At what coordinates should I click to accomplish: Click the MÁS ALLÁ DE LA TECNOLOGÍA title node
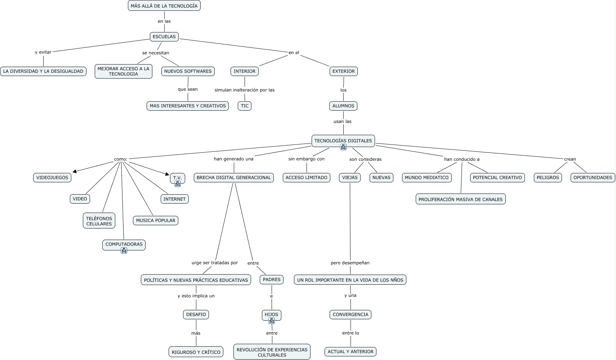click(x=164, y=6)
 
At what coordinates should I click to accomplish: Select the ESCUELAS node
click(x=164, y=36)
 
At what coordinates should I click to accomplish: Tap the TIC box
click(x=245, y=106)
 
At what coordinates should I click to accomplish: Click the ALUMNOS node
click(x=343, y=106)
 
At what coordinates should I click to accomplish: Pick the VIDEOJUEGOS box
click(x=52, y=177)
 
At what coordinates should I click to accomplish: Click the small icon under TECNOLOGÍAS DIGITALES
click(x=343, y=147)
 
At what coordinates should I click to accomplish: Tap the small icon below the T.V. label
click(x=177, y=184)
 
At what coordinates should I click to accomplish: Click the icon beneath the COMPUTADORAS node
click(x=124, y=250)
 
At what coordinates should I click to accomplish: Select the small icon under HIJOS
click(x=272, y=321)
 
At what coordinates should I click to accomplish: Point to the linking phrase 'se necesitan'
click(x=156, y=53)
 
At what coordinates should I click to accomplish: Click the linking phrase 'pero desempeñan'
click(x=350, y=263)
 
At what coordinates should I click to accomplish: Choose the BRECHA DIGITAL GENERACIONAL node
click(x=234, y=177)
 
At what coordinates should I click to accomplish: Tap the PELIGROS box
click(x=548, y=177)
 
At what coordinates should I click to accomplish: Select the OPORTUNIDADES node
click(x=593, y=177)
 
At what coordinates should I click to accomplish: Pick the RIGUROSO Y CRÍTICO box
click(x=196, y=352)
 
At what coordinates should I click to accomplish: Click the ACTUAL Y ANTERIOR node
click(x=351, y=351)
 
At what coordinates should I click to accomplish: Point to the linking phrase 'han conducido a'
click(x=461, y=159)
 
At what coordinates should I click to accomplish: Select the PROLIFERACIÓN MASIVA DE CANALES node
click(x=460, y=199)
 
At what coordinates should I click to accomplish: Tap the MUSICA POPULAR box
click(x=156, y=220)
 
